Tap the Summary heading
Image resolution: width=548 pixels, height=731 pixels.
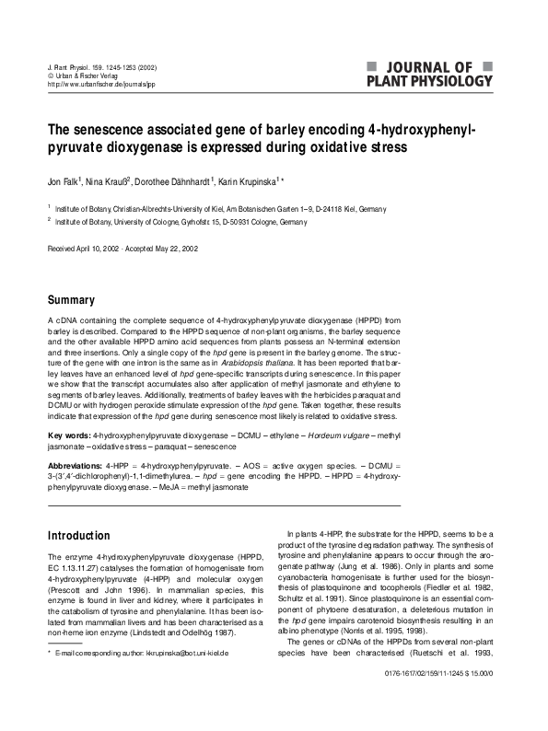click(x=71, y=300)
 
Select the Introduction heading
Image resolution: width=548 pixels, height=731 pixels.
click(x=78, y=536)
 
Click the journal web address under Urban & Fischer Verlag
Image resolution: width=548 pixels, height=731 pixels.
click(x=100, y=84)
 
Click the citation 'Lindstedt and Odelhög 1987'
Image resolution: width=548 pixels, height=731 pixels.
click(x=181, y=632)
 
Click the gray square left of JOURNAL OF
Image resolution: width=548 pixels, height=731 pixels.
click(x=370, y=66)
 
